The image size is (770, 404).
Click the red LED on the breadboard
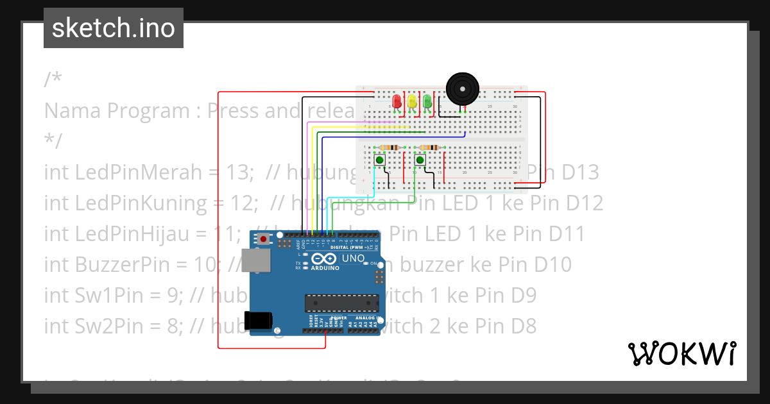click(397, 101)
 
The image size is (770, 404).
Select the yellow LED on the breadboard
click(412, 101)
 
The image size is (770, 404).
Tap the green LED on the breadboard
click(427, 101)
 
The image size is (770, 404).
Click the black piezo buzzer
click(462, 88)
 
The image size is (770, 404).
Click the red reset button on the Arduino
click(264, 239)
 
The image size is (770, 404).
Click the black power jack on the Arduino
click(258, 320)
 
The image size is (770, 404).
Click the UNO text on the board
click(352, 258)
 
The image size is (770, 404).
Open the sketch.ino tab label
click(114, 28)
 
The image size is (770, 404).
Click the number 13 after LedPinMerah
click(237, 172)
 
